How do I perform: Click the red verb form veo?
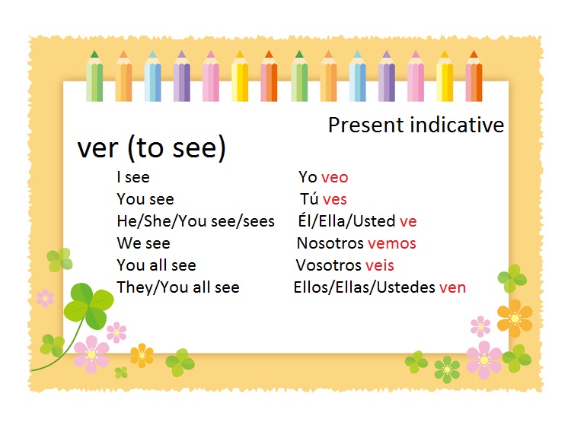tap(334, 178)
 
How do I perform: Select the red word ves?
tap(334, 200)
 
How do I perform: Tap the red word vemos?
tap(391, 243)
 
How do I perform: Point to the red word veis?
tap(379, 265)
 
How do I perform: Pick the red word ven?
tap(452, 287)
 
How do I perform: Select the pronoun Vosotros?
tap(328, 265)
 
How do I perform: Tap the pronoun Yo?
tap(308, 178)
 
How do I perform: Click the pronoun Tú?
tap(309, 200)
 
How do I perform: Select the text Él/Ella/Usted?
tap(347, 222)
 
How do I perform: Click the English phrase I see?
tap(133, 178)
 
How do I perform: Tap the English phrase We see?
tap(143, 243)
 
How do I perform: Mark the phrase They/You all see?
tap(178, 287)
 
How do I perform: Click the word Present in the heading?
tap(365, 125)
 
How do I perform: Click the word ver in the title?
tap(98, 149)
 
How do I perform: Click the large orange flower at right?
tap(515, 318)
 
